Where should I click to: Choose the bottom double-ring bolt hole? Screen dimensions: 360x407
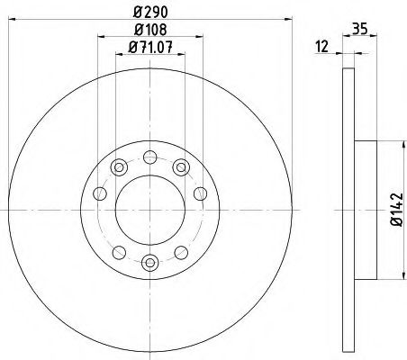click(149, 263)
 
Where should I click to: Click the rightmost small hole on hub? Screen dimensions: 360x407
click(200, 193)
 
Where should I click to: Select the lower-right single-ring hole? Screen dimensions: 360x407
click(181, 251)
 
